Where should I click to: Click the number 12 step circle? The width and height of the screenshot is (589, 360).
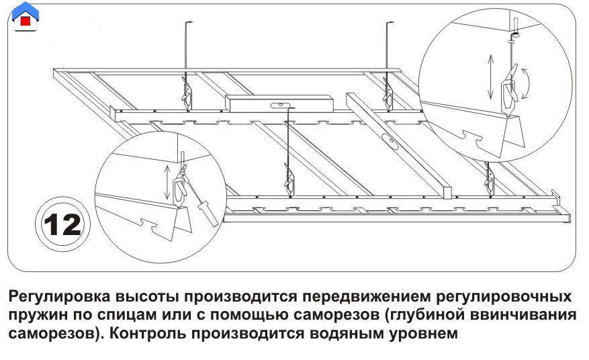[x=62, y=225]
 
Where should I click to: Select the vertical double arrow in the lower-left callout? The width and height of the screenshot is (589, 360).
[x=167, y=181]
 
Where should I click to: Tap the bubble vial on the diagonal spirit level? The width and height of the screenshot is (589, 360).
[x=389, y=140]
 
